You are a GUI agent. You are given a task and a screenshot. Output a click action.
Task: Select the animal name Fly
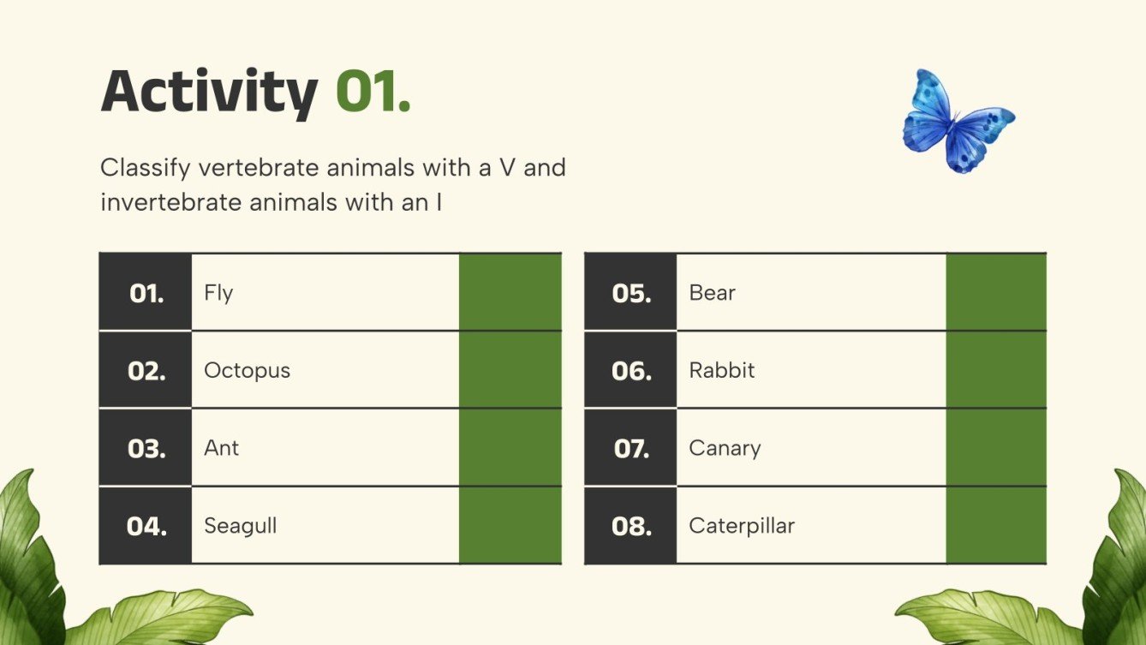(218, 293)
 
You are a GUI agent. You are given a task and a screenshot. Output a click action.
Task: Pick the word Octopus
(247, 371)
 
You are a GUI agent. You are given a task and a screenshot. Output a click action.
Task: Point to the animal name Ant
(221, 448)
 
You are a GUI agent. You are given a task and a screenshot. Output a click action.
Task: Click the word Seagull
(240, 526)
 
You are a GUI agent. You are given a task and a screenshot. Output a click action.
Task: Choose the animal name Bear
(712, 293)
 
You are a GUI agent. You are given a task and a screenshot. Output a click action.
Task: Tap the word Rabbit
(721, 371)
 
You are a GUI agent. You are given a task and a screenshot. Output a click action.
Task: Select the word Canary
(725, 448)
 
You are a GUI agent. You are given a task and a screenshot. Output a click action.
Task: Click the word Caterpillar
(741, 526)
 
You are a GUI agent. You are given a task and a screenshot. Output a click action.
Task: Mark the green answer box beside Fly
(510, 292)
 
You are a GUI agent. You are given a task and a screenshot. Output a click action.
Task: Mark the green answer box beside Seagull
(510, 525)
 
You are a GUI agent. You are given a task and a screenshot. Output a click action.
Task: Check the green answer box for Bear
(996, 292)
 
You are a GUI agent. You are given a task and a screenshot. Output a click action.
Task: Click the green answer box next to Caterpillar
(996, 525)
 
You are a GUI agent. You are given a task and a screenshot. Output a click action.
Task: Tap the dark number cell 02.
(146, 370)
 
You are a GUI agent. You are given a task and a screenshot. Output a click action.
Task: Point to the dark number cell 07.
(630, 448)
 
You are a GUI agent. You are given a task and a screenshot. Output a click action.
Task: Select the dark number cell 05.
(630, 292)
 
